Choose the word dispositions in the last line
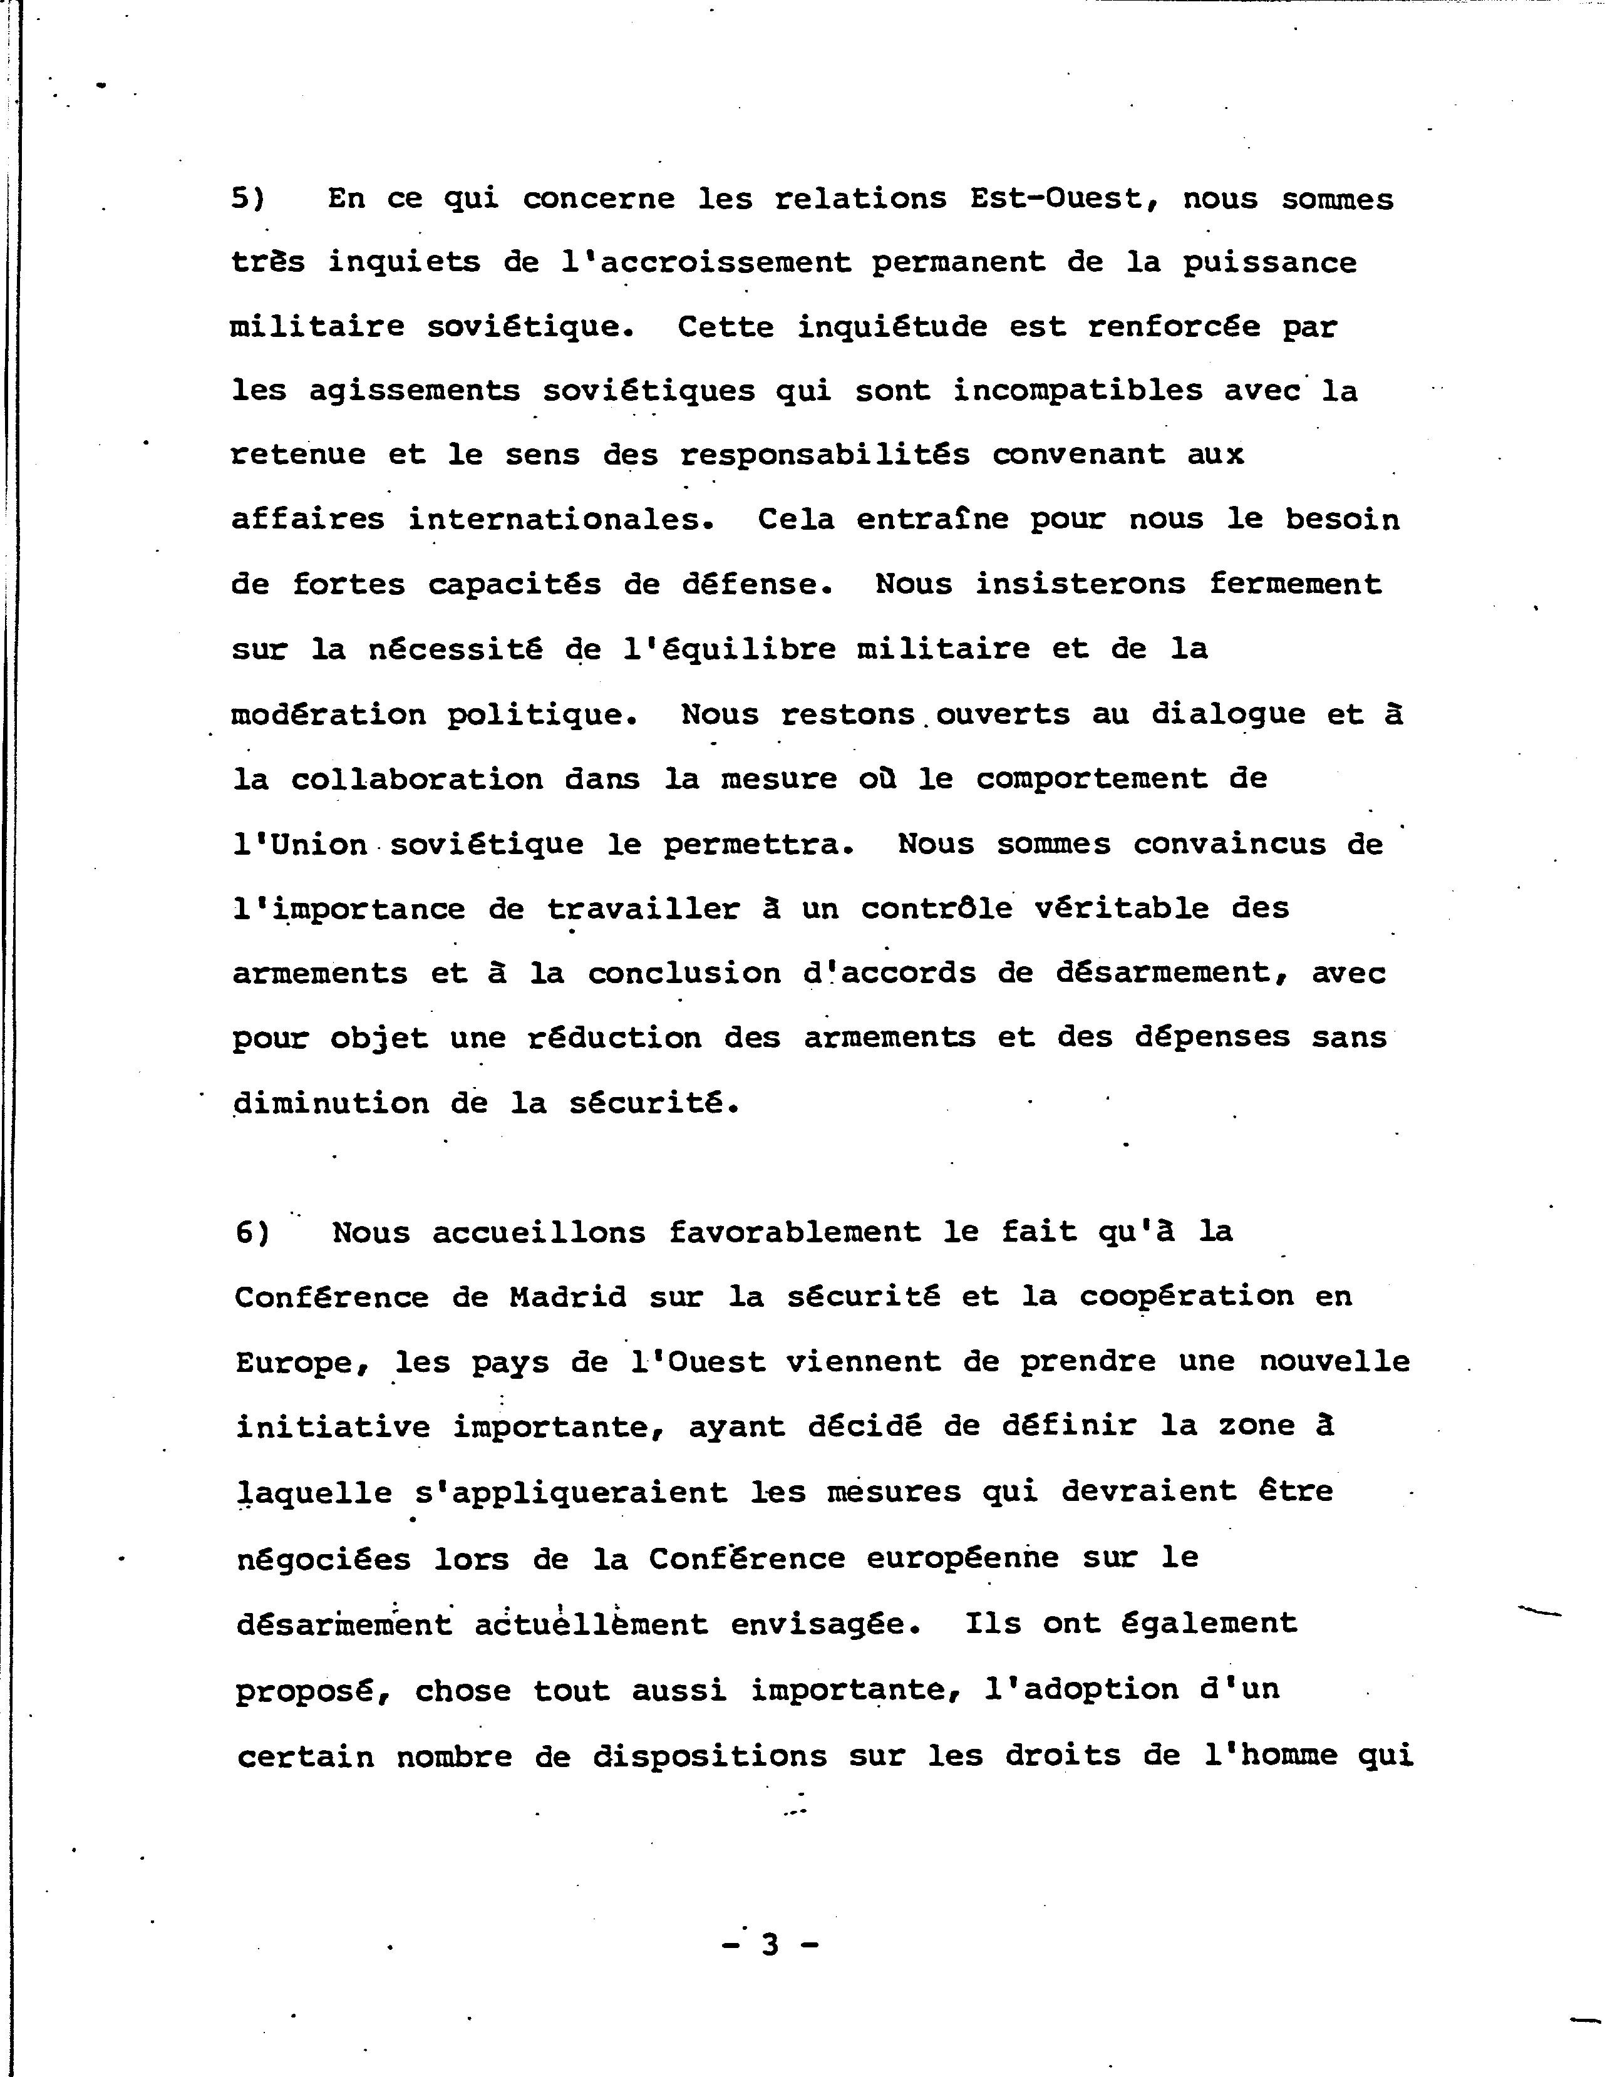coord(710,1756)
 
